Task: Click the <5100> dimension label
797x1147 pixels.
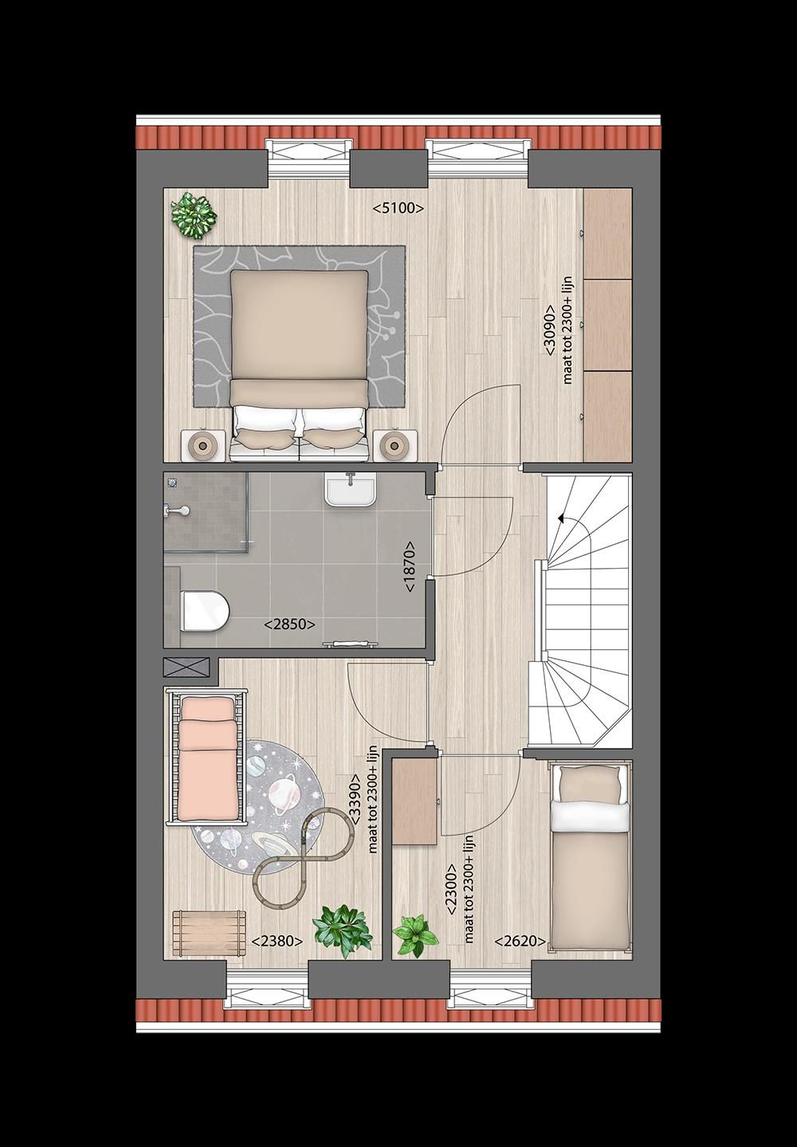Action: pyautogui.click(x=398, y=209)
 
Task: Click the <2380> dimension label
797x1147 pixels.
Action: pyautogui.click(x=277, y=941)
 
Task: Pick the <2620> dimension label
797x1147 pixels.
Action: pyautogui.click(x=520, y=941)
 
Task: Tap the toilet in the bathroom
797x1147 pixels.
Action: pyautogui.click(x=204, y=611)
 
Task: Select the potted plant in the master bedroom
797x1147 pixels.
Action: pyautogui.click(x=194, y=213)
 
